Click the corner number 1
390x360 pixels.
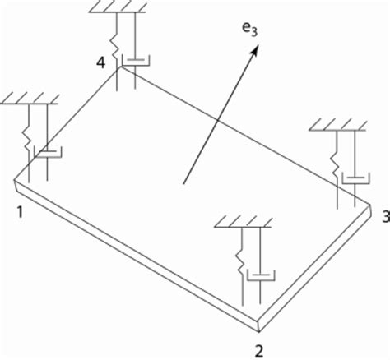[x=18, y=213]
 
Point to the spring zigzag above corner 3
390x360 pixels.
[x=337, y=157]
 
